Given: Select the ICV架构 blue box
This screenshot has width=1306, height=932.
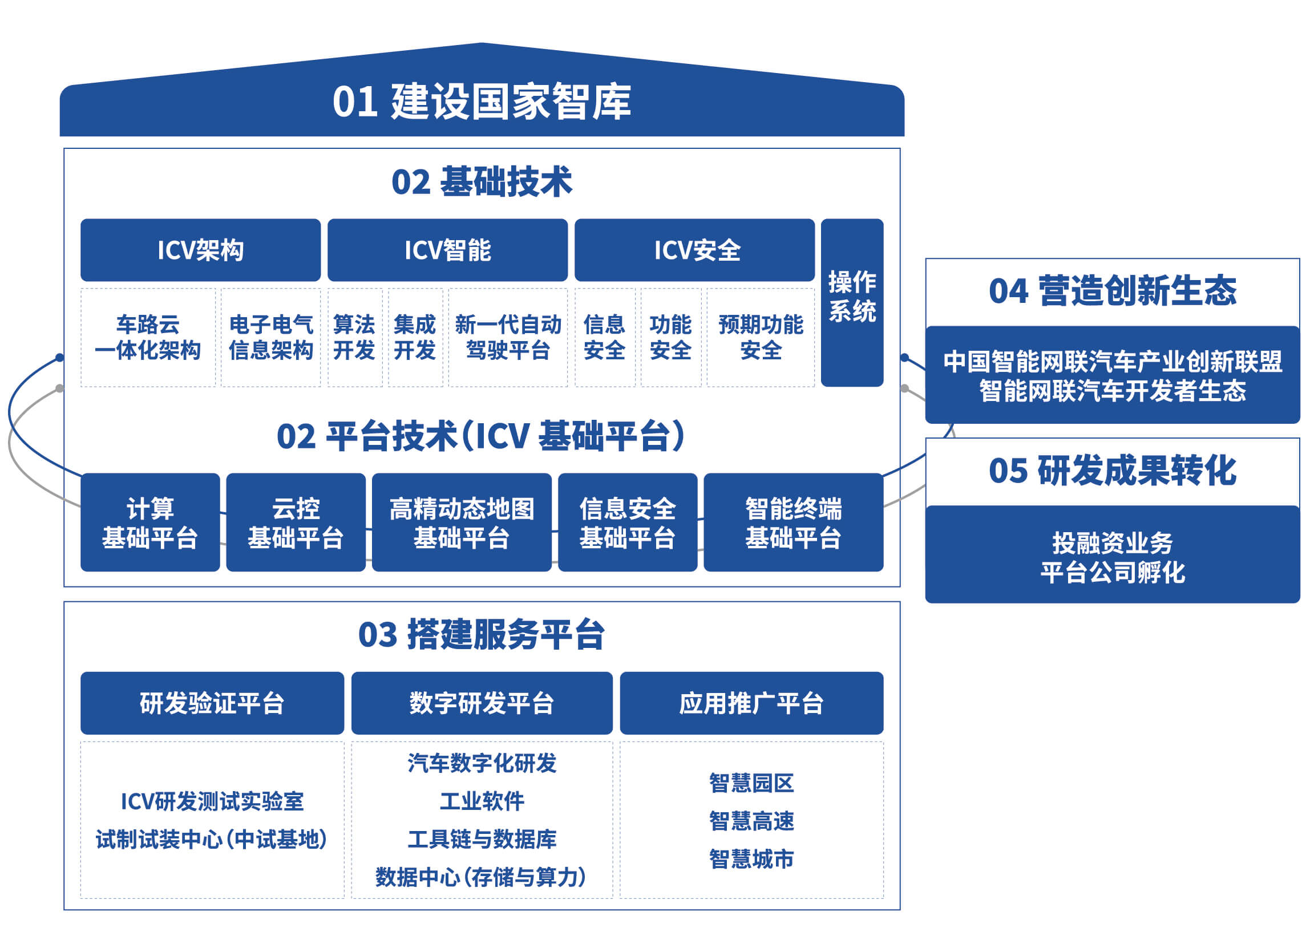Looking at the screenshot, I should [x=200, y=250].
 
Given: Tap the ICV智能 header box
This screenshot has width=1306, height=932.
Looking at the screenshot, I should [x=447, y=250].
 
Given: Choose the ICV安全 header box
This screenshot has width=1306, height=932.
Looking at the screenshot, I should [x=694, y=250].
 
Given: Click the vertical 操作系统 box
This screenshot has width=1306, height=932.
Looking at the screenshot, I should [x=851, y=302].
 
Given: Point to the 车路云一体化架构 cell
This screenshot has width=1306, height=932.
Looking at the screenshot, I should [x=148, y=338].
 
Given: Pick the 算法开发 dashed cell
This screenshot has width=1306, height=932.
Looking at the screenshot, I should [x=354, y=338].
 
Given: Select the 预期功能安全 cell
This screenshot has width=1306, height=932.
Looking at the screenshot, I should [x=760, y=338].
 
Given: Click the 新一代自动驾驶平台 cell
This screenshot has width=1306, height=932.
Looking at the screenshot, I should [x=507, y=338].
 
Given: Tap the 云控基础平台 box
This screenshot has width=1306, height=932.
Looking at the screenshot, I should [x=296, y=522].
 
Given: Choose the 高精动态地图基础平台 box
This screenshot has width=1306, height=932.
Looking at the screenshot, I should [x=461, y=522].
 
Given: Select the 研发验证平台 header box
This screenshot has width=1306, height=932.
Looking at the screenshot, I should [x=212, y=703].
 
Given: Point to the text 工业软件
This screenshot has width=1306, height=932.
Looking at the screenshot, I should [x=482, y=801].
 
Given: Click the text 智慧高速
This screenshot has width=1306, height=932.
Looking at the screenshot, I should [x=751, y=821].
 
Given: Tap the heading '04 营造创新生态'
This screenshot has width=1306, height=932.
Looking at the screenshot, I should [x=1112, y=290].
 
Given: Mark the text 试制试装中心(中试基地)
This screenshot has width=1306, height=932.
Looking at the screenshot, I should [x=211, y=840].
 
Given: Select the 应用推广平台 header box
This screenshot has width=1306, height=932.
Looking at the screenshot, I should [x=751, y=703].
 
